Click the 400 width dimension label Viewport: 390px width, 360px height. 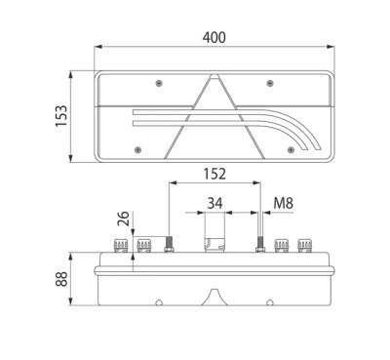[x=214, y=37]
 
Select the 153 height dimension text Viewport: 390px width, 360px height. [x=61, y=116]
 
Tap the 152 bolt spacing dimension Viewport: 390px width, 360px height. [x=214, y=174]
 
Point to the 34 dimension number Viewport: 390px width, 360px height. [x=214, y=204]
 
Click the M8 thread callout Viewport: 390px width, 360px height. [x=283, y=204]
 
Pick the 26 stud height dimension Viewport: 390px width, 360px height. [x=124, y=219]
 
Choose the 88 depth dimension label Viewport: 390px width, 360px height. [x=61, y=279]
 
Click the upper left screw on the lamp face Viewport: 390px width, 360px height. [x=159, y=83]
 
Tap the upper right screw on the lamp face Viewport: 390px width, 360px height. [x=270, y=83]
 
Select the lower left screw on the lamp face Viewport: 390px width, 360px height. [x=138, y=149]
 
